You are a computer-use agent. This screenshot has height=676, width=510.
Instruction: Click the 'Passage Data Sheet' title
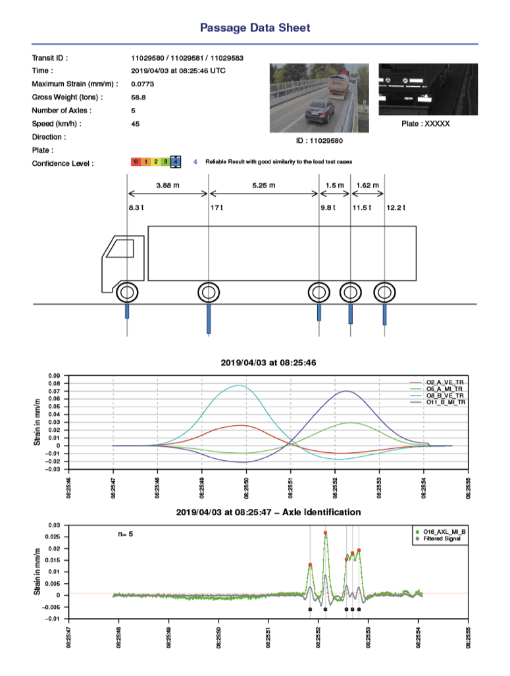tap(255, 28)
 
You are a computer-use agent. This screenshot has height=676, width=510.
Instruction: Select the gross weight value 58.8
tap(138, 97)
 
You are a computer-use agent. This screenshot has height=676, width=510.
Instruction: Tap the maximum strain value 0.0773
tap(142, 84)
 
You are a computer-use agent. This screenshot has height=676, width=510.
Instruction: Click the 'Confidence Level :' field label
tap(63, 163)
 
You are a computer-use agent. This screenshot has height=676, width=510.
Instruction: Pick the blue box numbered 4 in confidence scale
tap(175, 161)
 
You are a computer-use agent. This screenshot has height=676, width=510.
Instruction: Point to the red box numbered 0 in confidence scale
tap(135, 161)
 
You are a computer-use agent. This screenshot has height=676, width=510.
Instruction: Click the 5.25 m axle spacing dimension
tap(263, 186)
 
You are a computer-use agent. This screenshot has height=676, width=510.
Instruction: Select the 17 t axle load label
tap(216, 208)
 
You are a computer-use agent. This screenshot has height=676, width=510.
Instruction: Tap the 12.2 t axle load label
tap(395, 208)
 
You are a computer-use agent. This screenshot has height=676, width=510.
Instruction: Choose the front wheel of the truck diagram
tap(127, 291)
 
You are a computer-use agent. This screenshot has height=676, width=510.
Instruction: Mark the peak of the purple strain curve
tap(347, 391)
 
